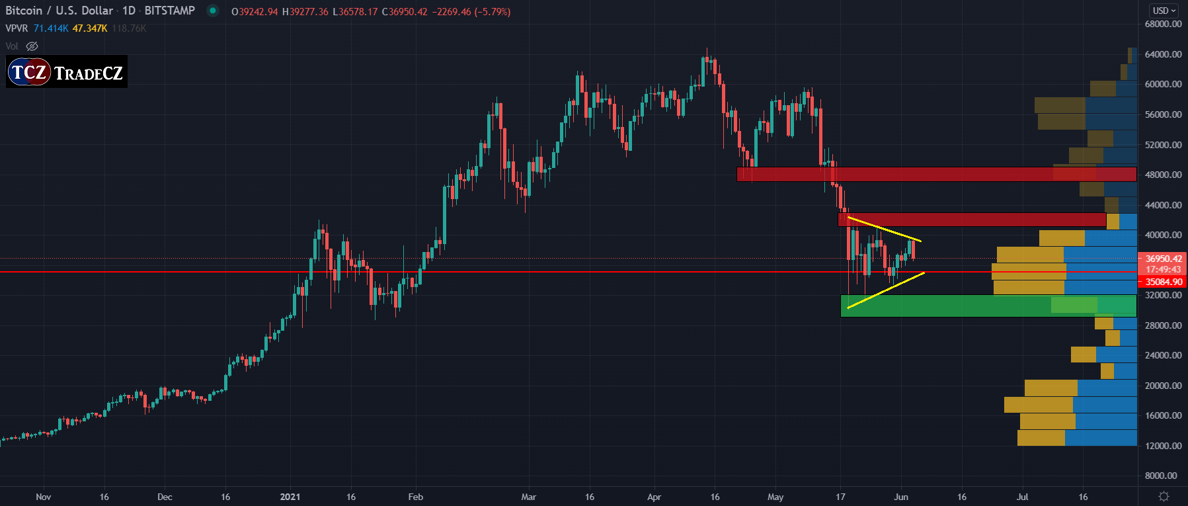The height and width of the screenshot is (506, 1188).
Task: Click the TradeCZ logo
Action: [x=67, y=72]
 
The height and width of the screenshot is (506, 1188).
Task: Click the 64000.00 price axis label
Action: [x=1163, y=54]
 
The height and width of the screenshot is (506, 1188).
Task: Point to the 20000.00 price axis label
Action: [x=1163, y=386]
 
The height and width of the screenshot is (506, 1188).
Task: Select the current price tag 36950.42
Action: [x=1163, y=259]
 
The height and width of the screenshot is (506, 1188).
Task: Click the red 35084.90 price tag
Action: [x=1163, y=282]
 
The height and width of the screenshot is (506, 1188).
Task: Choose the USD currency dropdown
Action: [x=1164, y=11]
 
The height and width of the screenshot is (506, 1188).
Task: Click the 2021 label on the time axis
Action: [x=290, y=497]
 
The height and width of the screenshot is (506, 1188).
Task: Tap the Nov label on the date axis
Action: [x=44, y=497]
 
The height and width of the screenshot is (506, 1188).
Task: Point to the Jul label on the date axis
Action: [x=1022, y=497]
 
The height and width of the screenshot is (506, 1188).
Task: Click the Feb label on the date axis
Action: [x=415, y=497]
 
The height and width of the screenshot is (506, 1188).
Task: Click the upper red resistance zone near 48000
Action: [x=926, y=174]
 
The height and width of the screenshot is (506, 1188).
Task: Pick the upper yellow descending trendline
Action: [x=884, y=229]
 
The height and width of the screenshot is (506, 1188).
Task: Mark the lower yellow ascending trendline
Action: [x=886, y=290]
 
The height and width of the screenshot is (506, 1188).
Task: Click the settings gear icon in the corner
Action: [x=1164, y=496]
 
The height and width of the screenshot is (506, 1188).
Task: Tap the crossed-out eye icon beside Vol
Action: [x=32, y=46]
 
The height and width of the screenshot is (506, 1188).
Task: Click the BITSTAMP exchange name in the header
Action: [x=169, y=11]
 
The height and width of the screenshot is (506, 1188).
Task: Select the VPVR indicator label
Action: [x=17, y=28]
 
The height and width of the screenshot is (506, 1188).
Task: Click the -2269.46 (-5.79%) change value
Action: [x=471, y=12]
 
